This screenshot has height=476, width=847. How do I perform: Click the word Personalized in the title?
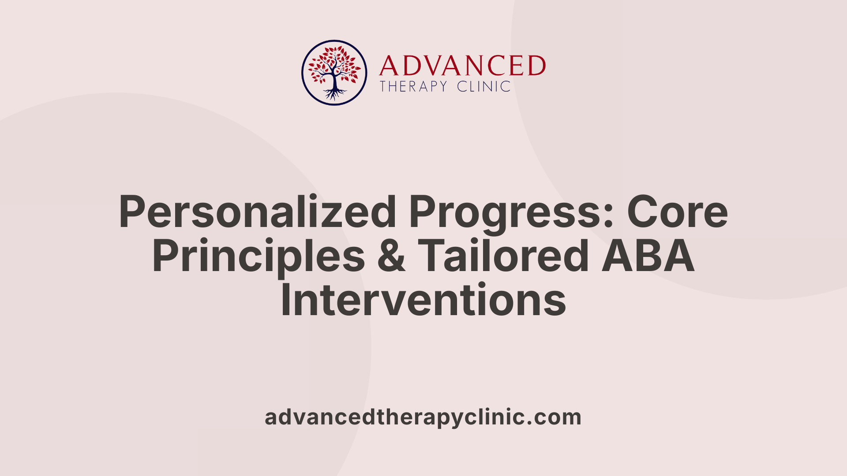tap(257, 212)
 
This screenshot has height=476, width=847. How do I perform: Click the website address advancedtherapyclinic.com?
tap(423, 417)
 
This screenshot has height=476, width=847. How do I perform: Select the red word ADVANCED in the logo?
tap(462, 66)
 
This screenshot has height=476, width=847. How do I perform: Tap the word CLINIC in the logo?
tap(483, 86)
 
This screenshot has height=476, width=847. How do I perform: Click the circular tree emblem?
tap(334, 73)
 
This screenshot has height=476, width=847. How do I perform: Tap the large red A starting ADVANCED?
tap(389, 66)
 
